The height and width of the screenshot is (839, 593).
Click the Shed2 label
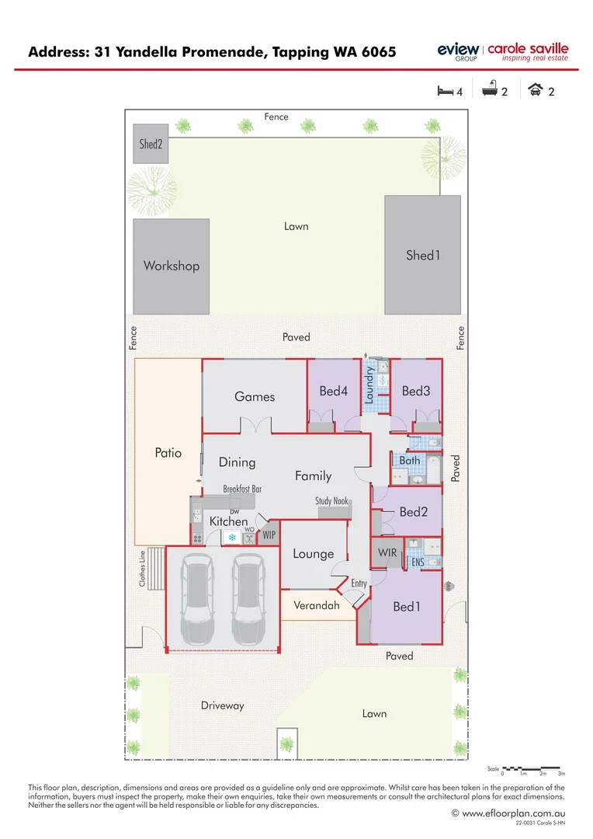click(x=151, y=144)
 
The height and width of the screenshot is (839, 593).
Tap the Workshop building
click(x=171, y=266)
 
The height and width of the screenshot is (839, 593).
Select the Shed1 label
click(x=422, y=255)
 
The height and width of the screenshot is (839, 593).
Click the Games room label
click(x=255, y=396)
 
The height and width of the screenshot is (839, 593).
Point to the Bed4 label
click(x=333, y=391)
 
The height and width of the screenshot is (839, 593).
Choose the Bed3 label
click(x=416, y=391)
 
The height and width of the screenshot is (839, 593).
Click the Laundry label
click(x=369, y=385)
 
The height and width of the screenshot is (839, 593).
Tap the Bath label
click(x=409, y=460)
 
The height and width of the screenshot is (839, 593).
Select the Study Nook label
click(x=331, y=501)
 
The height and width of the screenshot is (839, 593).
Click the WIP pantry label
click(x=269, y=535)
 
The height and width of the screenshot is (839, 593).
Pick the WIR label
click(x=387, y=552)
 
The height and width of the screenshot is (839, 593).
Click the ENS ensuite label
click(x=417, y=562)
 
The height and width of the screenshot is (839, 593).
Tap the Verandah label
click(x=316, y=604)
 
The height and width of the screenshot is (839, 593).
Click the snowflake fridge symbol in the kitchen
click(x=231, y=537)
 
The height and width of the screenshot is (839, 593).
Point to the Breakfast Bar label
click(x=242, y=489)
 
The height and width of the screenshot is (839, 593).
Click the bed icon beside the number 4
click(x=445, y=91)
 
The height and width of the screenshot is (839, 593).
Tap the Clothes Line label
click(x=143, y=569)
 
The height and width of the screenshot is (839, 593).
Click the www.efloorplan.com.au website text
click(x=513, y=813)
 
